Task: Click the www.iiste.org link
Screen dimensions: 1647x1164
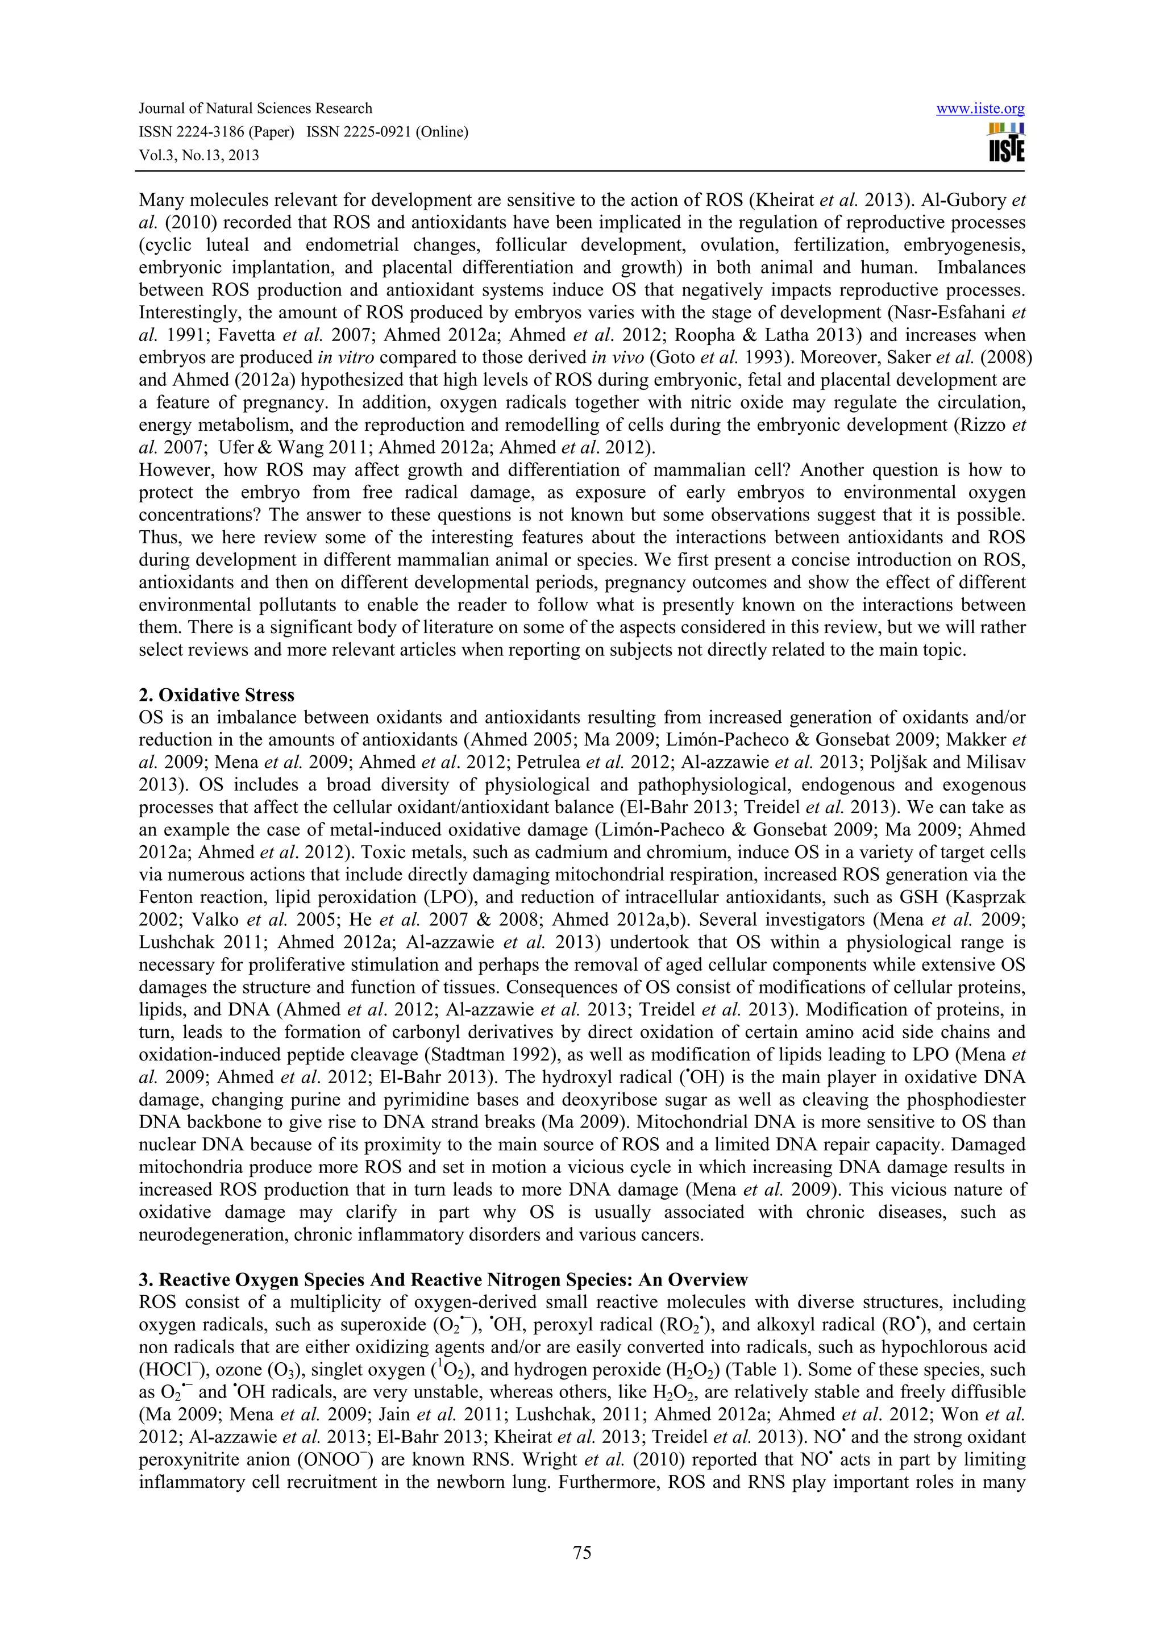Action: pos(980,109)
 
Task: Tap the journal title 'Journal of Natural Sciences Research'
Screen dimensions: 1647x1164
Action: pos(255,109)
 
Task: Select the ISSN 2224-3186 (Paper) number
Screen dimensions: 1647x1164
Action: pos(216,132)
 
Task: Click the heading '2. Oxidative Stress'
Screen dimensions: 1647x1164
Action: pos(216,695)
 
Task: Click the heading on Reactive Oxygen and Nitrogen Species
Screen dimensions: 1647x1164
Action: pos(443,1280)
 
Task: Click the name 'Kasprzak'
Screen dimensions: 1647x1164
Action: pos(992,897)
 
